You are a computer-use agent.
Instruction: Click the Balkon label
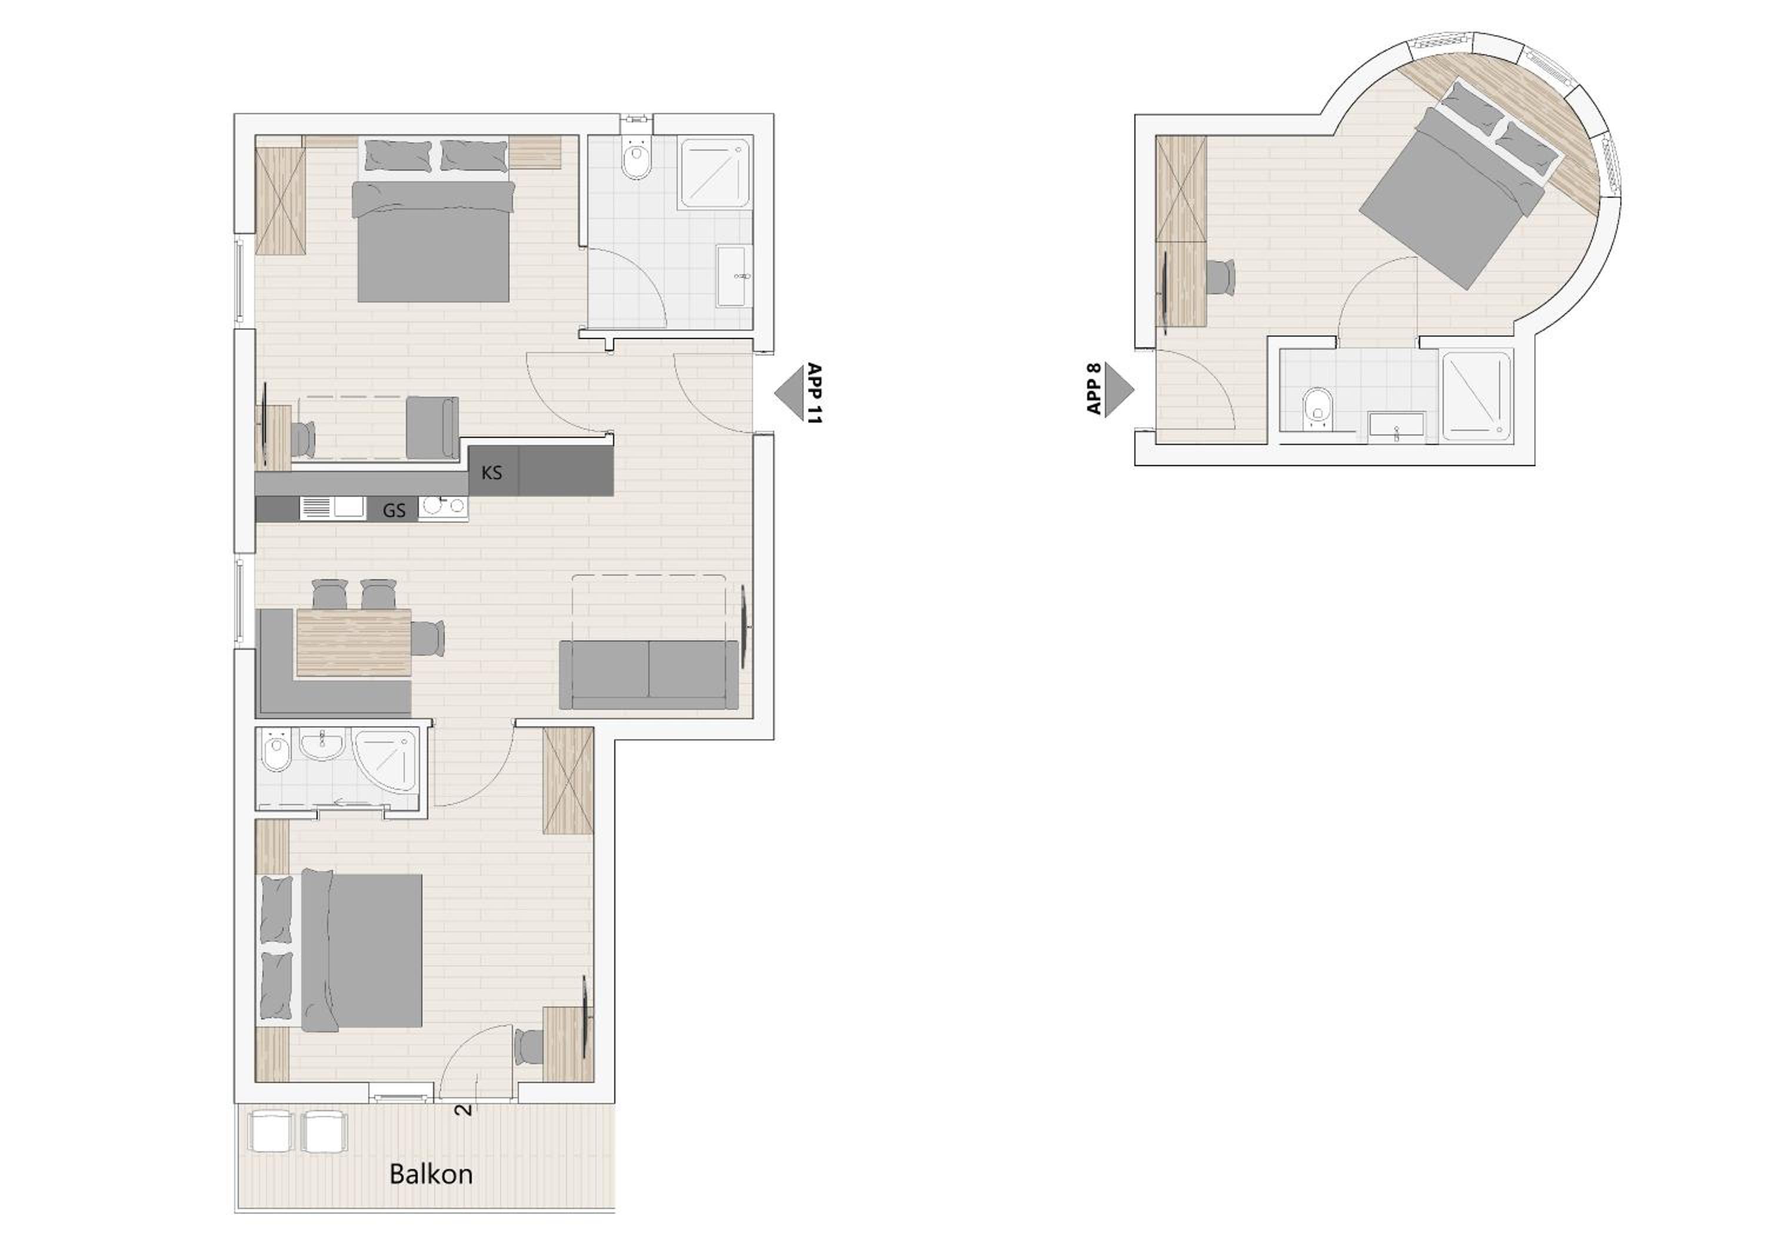point(431,1174)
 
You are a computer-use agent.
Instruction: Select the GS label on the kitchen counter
point(394,511)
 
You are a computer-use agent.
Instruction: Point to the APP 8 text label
point(1095,390)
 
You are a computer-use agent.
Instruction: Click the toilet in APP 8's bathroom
point(1318,408)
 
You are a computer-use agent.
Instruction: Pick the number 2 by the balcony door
point(464,1110)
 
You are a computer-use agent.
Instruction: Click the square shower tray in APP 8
point(1477,396)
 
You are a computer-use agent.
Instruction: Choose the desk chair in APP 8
point(1221,277)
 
